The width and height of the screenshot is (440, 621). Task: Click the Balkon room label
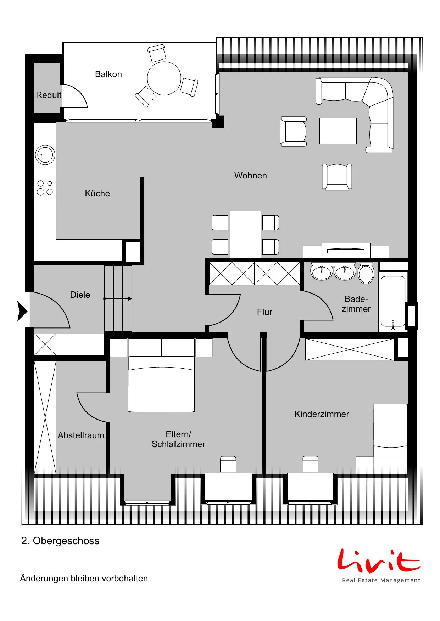point(108,74)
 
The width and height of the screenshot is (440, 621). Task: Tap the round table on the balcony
point(164,78)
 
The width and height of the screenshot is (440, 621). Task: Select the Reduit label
point(49,95)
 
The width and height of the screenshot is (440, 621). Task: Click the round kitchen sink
point(45,155)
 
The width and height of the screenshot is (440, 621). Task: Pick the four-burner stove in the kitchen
point(45,188)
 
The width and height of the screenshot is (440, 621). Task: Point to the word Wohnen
point(251,176)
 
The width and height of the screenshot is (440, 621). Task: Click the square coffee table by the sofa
point(338,131)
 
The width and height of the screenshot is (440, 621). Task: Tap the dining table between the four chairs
point(245,235)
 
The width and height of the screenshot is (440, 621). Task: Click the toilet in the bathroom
point(366,273)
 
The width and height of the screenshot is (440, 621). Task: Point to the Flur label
point(264,312)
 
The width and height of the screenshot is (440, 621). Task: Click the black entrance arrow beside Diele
point(22,312)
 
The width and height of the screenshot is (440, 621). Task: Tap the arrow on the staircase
point(118,299)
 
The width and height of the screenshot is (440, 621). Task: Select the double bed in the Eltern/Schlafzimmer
point(161,375)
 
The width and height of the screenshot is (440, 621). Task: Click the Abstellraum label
point(81,435)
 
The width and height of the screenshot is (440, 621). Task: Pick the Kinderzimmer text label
point(322,414)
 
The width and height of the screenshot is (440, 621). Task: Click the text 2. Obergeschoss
point(60,541)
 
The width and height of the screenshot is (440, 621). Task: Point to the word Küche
point(98,194)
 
